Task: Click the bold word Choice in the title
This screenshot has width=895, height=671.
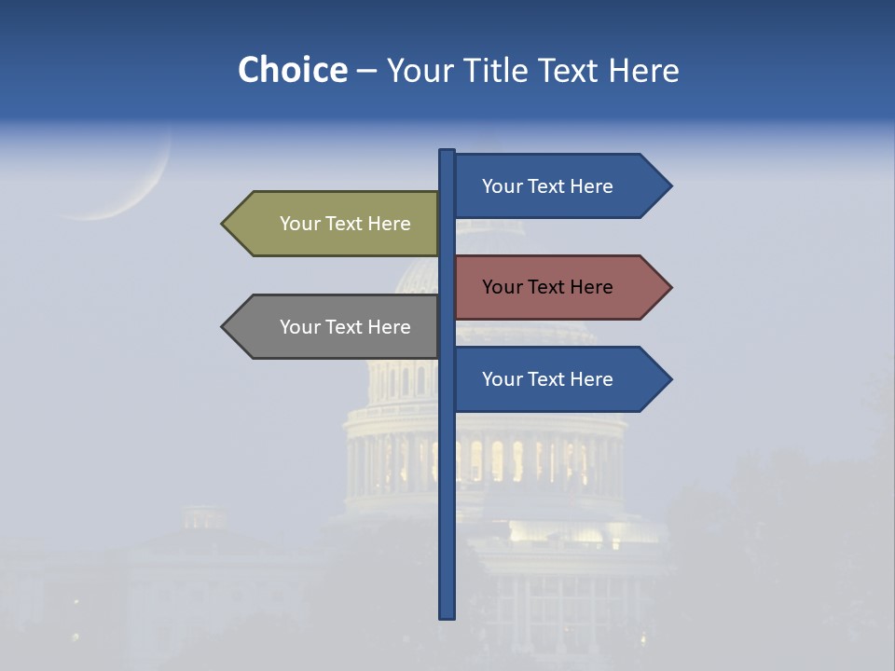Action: [292, 70]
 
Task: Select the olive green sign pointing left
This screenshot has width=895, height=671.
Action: [336, 224]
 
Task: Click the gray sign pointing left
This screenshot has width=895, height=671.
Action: [336, 327]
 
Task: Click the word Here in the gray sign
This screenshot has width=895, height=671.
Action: [389, 327]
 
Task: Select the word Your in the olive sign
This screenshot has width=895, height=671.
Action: [298, 224]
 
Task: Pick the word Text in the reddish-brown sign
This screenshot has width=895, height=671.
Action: [547, 287]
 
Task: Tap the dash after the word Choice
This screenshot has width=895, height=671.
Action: [366, 71]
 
